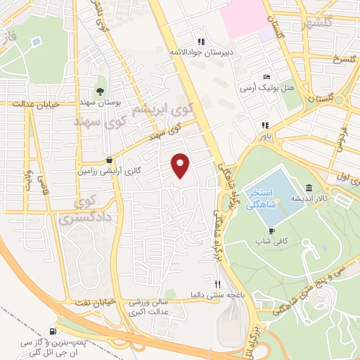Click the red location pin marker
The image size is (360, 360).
click(x=181, y=165)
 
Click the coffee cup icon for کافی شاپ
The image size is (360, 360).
click(x=271, y=231)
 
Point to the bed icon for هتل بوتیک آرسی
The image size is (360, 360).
click(x=266, y=77)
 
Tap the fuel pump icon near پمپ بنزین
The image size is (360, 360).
click(x=53, y=331)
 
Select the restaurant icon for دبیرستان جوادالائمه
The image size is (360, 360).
click(x=200, y=41)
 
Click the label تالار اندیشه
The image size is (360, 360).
click(x=307, y=198)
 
